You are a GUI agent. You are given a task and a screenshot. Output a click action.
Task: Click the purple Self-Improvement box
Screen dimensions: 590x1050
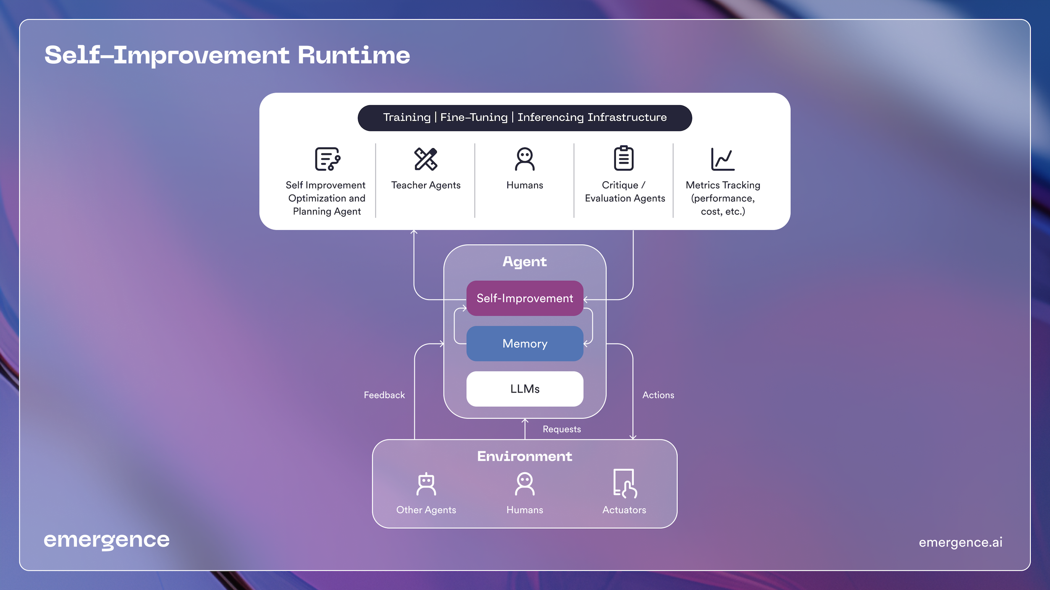click(x=525, y=298)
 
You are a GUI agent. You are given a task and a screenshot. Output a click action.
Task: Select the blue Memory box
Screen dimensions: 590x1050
click(x=525, y=343)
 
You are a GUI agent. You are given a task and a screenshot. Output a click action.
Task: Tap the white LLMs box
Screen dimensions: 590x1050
click(x=525, y=389)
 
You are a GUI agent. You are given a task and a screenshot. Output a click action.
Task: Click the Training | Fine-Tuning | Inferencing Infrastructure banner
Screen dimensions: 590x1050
click(x=525, y=117)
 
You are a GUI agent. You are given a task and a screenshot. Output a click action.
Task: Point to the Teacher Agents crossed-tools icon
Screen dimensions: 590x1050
click(x=425, y=159)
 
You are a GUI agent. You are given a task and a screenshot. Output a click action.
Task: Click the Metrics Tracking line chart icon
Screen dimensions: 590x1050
click(x=722, y=159)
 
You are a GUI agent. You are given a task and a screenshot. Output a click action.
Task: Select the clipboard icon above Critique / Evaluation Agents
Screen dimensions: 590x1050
click(x=624, y=158)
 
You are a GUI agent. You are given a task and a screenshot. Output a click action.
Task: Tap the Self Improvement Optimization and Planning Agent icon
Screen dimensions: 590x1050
click(x=327, y=159)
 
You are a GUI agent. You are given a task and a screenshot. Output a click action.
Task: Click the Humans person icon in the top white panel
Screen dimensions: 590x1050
click(x=525, y=159)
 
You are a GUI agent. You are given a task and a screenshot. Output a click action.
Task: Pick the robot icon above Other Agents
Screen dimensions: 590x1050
click(x=426, y=484)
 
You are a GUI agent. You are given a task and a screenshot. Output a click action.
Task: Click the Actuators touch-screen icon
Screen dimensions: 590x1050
click(x=625, y=483)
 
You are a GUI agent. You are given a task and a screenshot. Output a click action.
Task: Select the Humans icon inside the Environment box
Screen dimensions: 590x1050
click(x=525, y=484)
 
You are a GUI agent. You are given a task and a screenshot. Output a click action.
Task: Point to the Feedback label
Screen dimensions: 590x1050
click(x=384, y=395)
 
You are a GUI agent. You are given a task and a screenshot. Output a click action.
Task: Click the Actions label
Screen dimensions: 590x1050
click(x=658, y=395)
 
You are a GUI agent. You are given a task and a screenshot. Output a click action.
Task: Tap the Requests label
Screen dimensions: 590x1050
click(x=562, y=429)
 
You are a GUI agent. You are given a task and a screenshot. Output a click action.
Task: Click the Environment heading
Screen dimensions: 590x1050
click(x=525, y=456)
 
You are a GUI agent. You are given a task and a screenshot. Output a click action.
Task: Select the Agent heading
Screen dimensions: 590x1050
click(x=525, y=261)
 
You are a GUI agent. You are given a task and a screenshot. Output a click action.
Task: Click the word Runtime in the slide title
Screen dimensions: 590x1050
click(x=354, y=55)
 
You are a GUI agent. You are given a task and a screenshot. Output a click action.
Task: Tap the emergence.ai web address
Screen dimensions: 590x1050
click(x=960, y=542)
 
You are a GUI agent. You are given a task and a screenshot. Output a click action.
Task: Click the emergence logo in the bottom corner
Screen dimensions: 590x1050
click(x=107, y=540)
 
